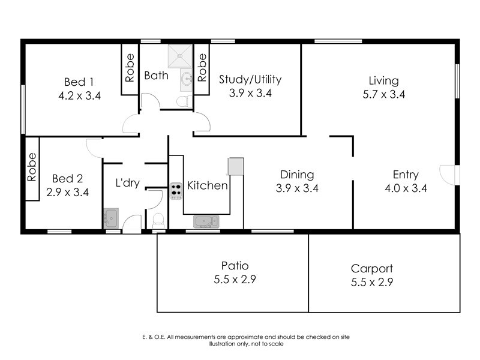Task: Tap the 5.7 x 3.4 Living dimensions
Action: [x=383, y=94]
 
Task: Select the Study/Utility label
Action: [x=250, y=79]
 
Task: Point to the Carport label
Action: [x=371, y=269]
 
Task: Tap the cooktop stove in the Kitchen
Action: [x=176, y=191]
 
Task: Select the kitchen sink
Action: [x=207, y=222]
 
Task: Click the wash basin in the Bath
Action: [x=186, y=77]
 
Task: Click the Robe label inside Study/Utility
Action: [x=202, y=68]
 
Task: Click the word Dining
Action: [x=297, y=175]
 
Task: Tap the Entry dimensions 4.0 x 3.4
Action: [x=406, y=188]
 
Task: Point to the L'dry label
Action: [x=127, y=183]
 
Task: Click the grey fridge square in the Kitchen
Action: [x=236, y=166]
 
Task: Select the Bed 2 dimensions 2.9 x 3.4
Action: [x=67, y=193]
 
